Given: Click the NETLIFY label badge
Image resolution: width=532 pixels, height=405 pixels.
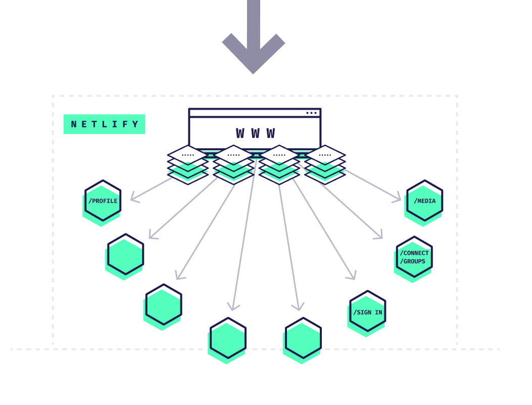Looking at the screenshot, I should (x=104, y=124).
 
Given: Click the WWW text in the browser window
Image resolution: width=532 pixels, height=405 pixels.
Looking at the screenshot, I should (x=255, y=133).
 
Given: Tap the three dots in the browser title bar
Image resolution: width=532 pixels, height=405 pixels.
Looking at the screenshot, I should (x=311, y=113).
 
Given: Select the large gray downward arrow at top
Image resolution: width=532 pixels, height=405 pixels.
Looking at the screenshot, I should (x=254, y=40).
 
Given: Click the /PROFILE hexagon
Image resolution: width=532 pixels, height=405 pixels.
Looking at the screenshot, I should (x=103, y=201).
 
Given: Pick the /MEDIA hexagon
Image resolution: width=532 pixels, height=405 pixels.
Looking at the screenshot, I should (x=424, y=201).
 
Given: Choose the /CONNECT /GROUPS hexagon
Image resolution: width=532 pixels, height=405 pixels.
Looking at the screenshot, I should (x=414, y=257).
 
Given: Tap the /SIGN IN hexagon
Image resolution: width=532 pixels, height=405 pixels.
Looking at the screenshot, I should (x=367, y=311).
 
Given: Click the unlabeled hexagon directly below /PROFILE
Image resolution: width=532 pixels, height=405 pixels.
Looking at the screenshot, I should (x=125, y=254).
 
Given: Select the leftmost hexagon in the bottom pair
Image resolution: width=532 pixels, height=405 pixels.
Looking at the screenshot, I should (x=228, y=338).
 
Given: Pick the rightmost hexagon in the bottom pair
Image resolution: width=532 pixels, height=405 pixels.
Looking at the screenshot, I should (x=303, y=338).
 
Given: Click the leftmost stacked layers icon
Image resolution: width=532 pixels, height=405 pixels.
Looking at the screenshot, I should (x=188, y=164).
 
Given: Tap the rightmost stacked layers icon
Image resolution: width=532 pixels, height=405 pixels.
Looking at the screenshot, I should (x=325, y=164).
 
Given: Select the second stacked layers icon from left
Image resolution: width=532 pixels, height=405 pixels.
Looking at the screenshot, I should (x=233, y=164).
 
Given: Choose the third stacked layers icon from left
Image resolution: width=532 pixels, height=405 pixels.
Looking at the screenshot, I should (x=279, y=164).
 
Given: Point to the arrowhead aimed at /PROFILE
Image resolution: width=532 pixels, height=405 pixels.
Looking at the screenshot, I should (x=133, y=199).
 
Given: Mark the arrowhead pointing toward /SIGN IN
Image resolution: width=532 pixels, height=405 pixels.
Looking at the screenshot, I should (x=352, y=276).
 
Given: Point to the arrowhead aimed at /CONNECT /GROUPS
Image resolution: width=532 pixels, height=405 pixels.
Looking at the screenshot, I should (x=379, y=236).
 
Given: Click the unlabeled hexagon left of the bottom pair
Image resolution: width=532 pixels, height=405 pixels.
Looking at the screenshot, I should (x=164, y=305).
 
